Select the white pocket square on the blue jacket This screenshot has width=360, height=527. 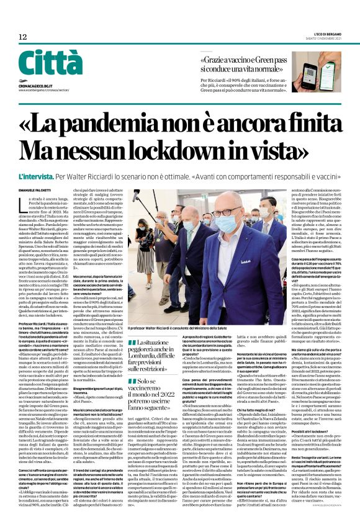272,267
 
